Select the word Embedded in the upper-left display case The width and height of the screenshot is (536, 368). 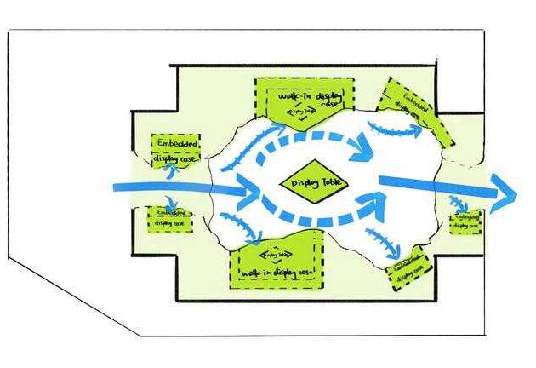tap(176, 143)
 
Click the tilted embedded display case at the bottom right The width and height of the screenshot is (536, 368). tap(412, 269)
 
